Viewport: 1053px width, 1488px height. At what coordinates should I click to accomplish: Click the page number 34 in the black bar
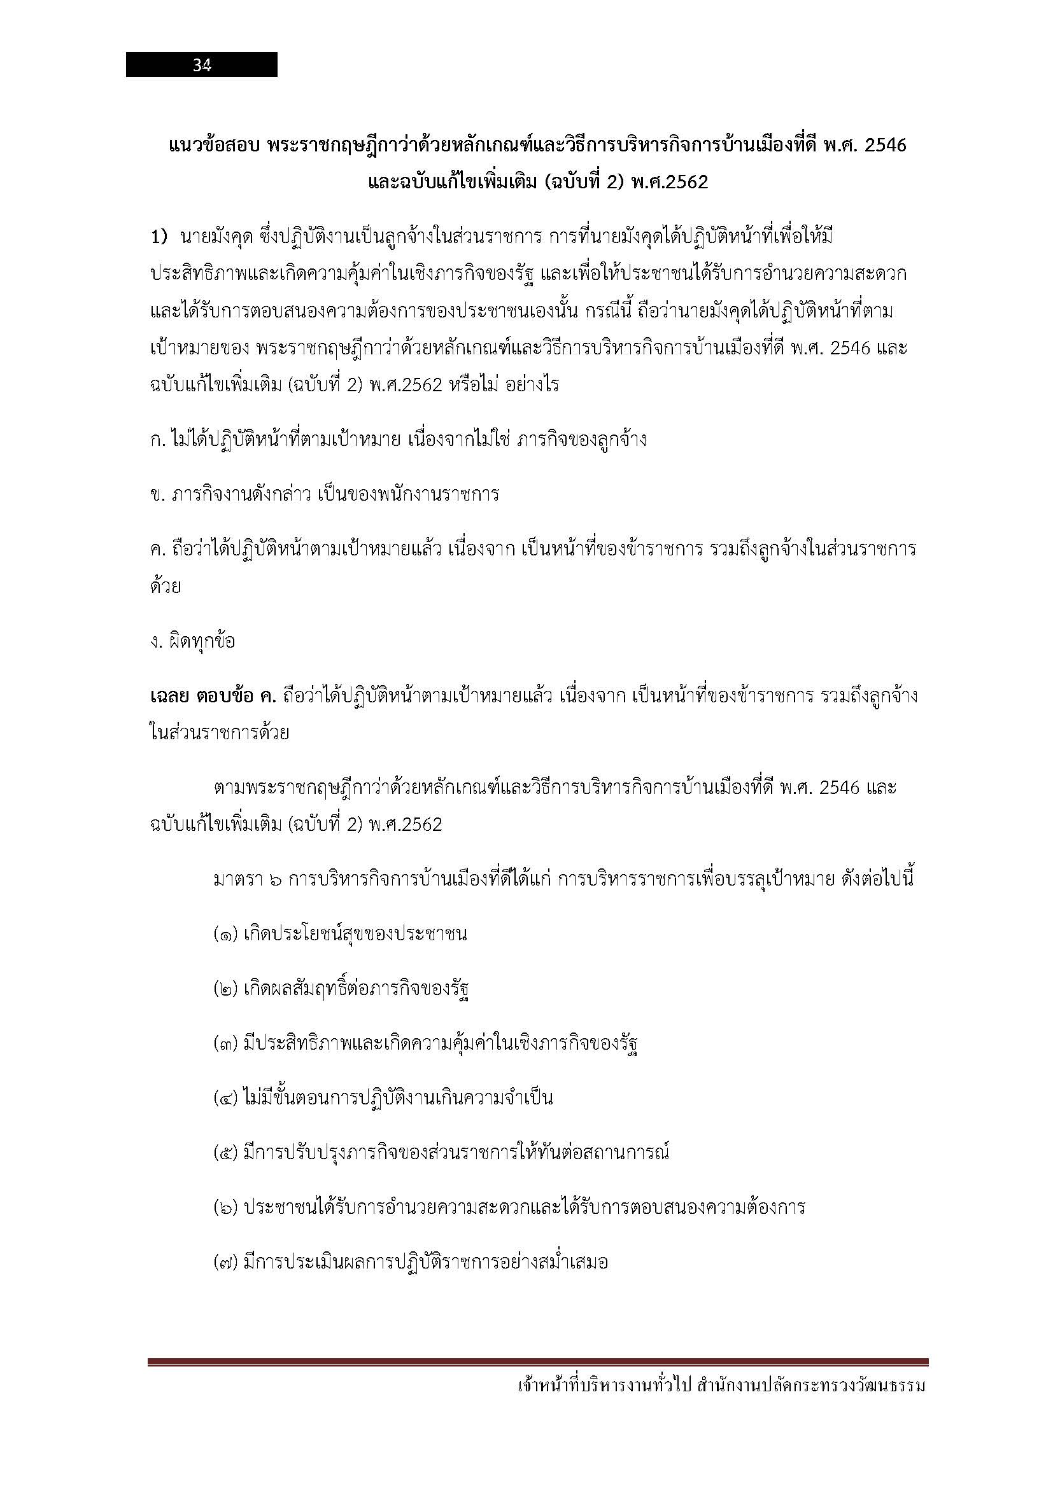click(202, 66)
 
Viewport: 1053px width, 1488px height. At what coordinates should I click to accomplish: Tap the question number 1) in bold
click(159, 237)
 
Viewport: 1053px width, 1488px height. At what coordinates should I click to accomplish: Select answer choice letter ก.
click(155, 440)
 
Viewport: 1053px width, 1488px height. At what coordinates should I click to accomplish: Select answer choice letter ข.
click(155, 494)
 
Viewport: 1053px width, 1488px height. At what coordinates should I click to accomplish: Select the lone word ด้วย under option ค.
click(165, 587)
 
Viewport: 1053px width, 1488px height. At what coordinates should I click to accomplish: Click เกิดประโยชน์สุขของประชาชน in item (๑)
click(355, 935)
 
